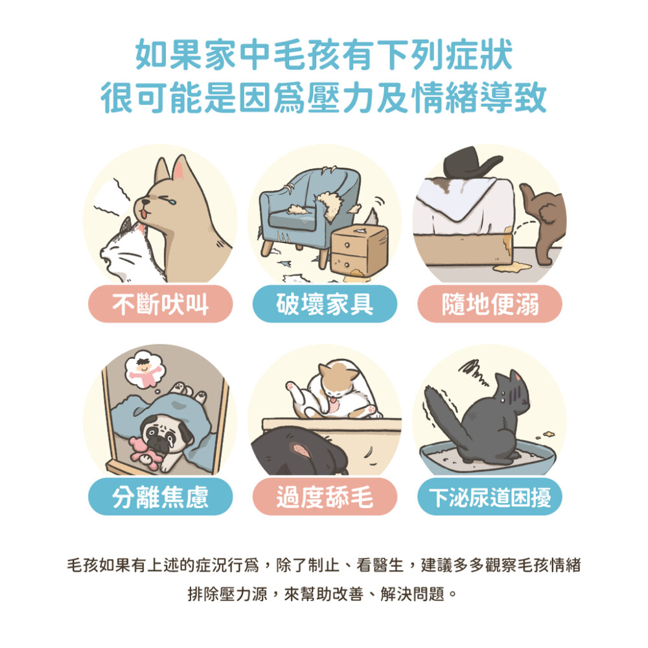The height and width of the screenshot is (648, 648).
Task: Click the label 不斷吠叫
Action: click(x=160, y=304)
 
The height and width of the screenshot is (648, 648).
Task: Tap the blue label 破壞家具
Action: click(x=325, y=304)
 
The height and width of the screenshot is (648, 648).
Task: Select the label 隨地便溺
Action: click(x=489, y=304)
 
